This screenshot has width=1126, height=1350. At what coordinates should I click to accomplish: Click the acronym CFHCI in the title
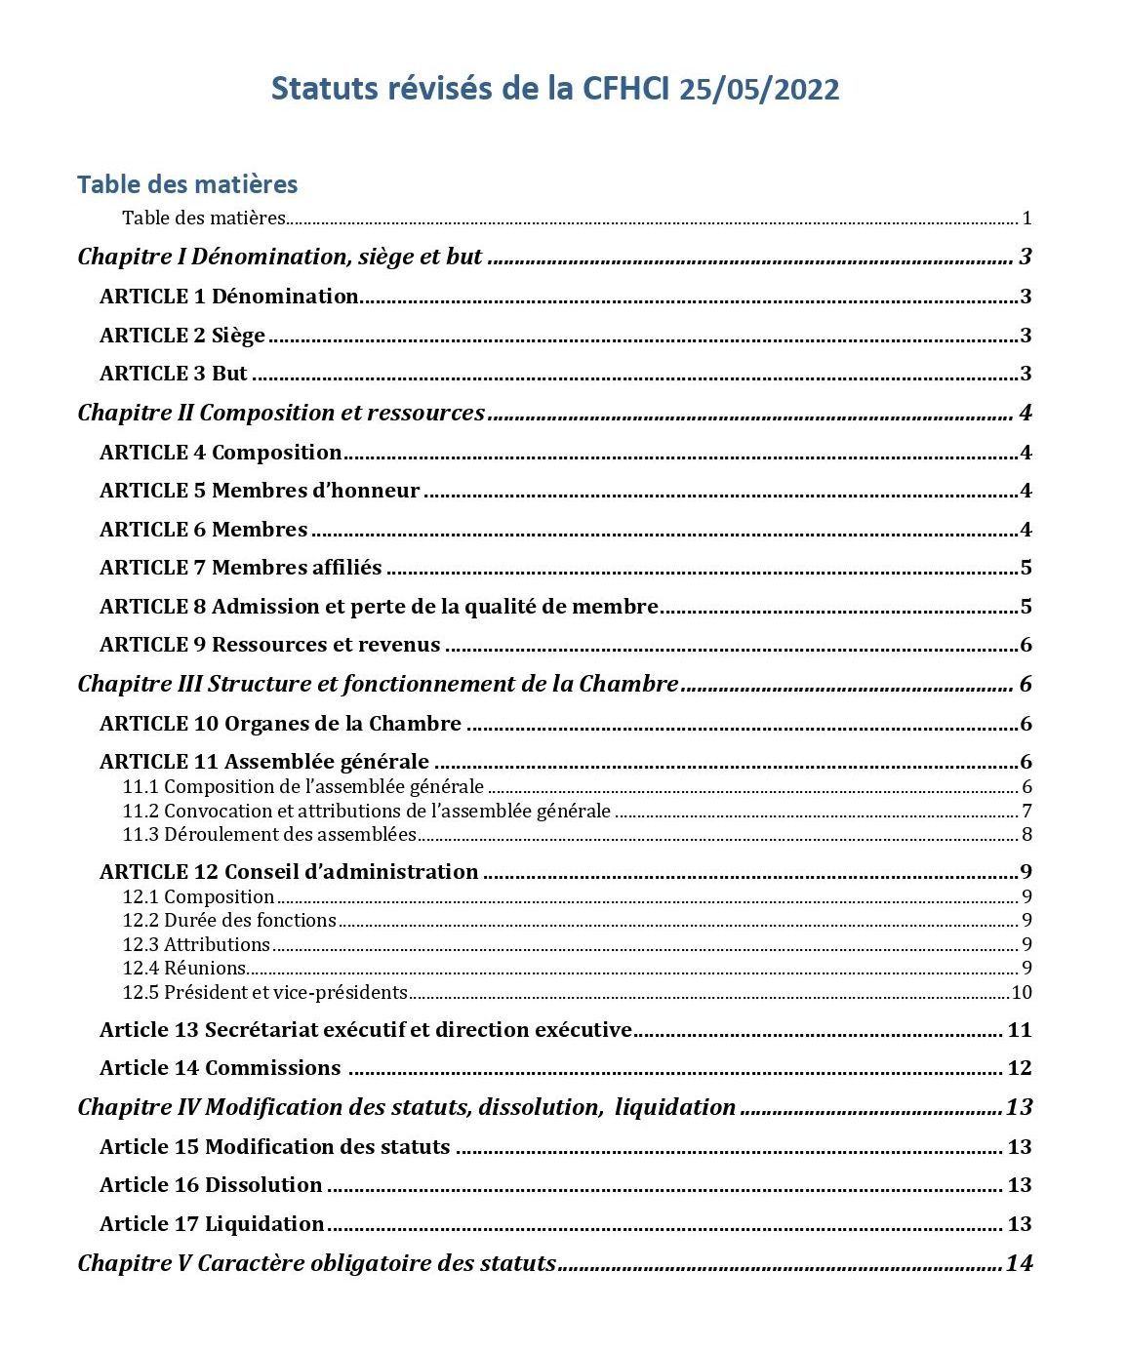(x=624, y=89)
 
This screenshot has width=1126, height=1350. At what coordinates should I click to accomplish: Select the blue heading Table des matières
(x=187, y=184)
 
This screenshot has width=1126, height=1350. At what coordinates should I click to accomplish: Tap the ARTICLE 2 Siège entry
(x=182, y=336)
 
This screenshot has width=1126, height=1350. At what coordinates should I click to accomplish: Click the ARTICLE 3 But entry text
(x=174, y=374)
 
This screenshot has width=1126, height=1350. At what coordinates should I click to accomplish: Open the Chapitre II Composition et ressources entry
(x=281, y=413)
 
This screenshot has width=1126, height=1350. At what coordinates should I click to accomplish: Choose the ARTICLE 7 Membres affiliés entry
(x=241, y=568)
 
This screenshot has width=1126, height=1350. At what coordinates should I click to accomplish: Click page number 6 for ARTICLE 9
(x=1025, y=645)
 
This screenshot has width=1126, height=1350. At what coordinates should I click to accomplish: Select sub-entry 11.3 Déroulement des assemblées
(x=269, y=835)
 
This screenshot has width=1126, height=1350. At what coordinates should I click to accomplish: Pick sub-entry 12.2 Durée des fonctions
(x=229, y=921)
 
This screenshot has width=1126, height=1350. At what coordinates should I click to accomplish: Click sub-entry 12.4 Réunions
(x=184, y=969)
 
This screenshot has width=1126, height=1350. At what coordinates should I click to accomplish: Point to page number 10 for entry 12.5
(x=1021, y=993)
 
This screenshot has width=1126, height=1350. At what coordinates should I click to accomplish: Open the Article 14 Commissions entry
(x=220, y=1068)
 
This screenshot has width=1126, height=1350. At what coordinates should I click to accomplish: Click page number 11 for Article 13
(x=1019, y=1030)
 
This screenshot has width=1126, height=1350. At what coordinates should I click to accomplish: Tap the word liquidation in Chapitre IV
(x=675, y=1107)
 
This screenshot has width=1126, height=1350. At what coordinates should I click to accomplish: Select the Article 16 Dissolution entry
(x=211, y=1185)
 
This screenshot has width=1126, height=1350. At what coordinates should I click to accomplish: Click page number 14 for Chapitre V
(x=1018, y=1263)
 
